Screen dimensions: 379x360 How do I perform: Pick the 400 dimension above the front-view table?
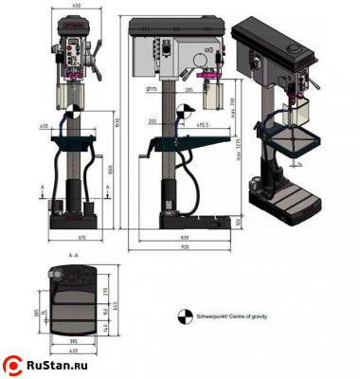click(x=45, y=124)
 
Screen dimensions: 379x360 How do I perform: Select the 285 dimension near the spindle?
click(x=189, y=91)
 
